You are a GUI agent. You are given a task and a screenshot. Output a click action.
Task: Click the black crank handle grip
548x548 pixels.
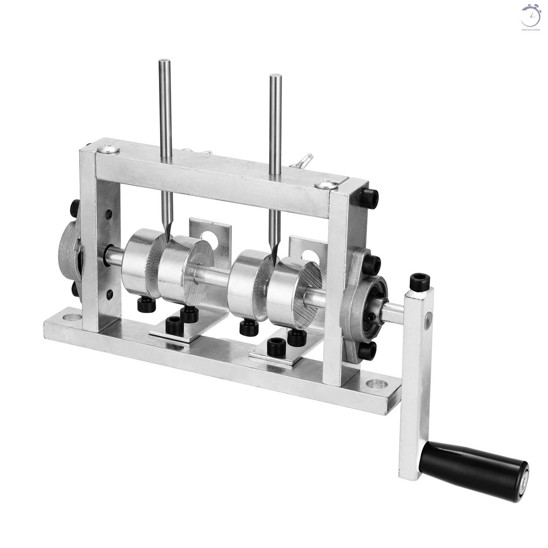coord(474,470)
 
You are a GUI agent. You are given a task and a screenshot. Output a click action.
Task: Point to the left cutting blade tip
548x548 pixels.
coord(168,235)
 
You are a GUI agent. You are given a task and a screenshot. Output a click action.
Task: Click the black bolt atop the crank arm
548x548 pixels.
coord(420,282)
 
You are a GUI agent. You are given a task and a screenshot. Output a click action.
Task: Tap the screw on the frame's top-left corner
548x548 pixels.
coord(109,148)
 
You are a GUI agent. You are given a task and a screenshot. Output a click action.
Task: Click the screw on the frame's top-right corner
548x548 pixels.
coord(326,185)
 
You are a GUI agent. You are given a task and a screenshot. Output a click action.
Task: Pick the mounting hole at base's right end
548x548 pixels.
coord(376,384)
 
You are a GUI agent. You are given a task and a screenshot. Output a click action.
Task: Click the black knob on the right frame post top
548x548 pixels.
coord(368,199)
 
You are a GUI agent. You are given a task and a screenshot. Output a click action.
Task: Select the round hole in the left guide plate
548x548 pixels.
coord(209,239)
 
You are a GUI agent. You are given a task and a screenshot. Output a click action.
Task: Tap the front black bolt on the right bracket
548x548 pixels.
coord(276,346)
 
